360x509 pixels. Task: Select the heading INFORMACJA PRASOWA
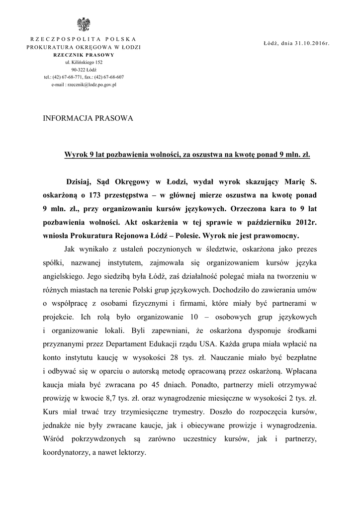click(x=89, y=119)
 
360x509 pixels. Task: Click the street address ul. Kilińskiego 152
click(x=84, y=63)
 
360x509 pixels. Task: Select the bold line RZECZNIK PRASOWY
click(x=84, y=55)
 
